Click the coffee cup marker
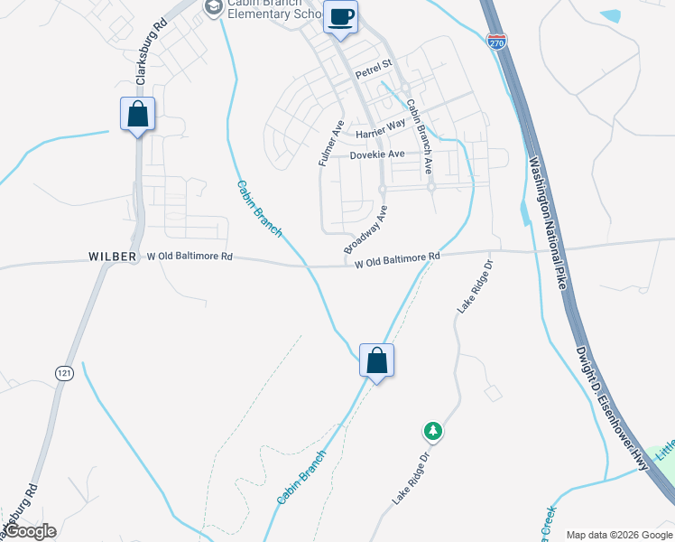(x=340, y=17)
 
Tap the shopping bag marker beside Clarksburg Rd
(x=137, y=115)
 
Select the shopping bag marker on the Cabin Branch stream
(x=377, y=361)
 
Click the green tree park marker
(x=433, y=431)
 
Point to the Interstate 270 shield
(x=496, y=41)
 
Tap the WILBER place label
(x=112, y=257)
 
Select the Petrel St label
(x=374, y=65)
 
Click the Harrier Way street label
(x=381, y=132)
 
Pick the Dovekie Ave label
(x=378, y=155)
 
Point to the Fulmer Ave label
(x=331, y=144)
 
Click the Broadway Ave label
(x=365, y=229)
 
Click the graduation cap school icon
(x=213, y=9)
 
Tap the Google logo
(x=31, y=531)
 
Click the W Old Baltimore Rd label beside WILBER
(x=190, y=257)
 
